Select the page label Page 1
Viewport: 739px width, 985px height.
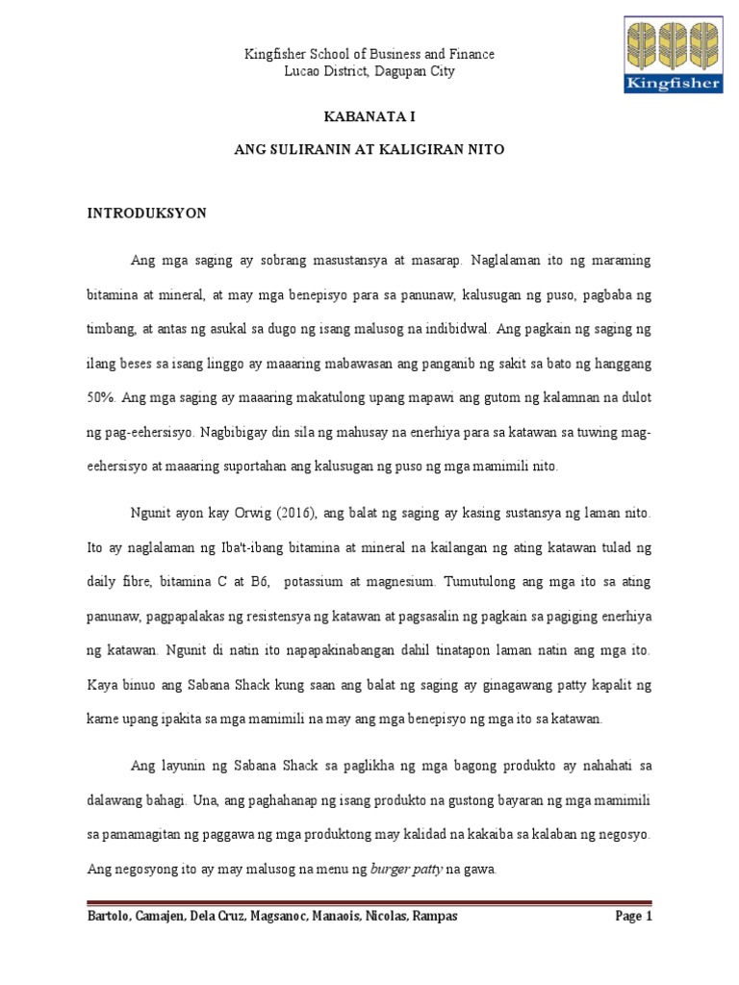pos(633,916)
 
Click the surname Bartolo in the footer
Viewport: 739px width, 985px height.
pos(110,916)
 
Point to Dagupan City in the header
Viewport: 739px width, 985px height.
pos(416,71)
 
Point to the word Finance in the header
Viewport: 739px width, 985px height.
pos(471,54)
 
